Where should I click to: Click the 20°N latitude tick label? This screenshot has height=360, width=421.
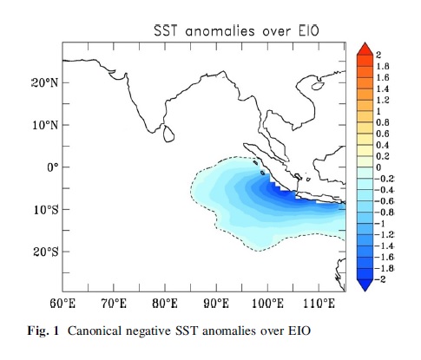coord(44,83)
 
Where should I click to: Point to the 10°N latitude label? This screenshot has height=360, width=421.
coord(45,125)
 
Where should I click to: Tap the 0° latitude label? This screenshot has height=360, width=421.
coord(53,167)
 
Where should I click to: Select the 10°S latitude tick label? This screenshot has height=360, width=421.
coord(45,210)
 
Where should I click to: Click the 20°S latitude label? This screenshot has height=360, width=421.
coord(45,252)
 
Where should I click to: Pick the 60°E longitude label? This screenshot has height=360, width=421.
coord(62,304)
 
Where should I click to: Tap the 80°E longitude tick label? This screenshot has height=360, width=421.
coord(165,304)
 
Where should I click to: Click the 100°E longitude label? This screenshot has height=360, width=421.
coord(267,304)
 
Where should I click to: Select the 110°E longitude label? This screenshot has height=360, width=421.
coord(319,304)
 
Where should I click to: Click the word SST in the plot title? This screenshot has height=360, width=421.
coord(165,30)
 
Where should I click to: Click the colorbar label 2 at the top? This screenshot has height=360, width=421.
coord(378,55)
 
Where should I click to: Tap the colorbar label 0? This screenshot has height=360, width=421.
coord(378,167)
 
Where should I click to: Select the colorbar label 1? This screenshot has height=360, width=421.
coord(378,111)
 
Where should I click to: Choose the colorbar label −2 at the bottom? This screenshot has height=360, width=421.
coord(380,279)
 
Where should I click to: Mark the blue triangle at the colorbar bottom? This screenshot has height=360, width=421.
coord(365,285)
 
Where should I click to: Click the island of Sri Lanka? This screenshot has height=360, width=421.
coord(168,134)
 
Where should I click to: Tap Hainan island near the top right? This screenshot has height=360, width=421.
coord(318,86)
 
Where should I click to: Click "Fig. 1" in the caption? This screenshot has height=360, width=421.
coord(43,331)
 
